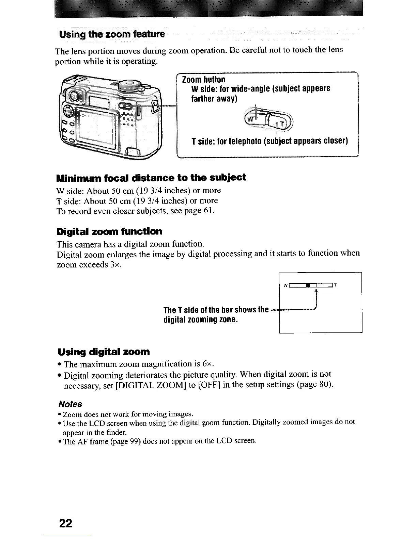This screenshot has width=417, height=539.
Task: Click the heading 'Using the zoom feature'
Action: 112,34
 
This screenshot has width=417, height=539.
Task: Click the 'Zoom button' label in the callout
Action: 204,80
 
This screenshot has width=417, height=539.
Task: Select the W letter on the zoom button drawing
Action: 250,119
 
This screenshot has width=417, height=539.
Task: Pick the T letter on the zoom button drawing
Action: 281,124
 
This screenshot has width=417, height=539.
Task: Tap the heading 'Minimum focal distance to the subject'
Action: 151,177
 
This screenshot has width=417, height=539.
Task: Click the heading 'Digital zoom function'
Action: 109,232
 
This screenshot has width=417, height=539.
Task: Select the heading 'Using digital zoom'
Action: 104,351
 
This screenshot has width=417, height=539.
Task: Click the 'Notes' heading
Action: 70,404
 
